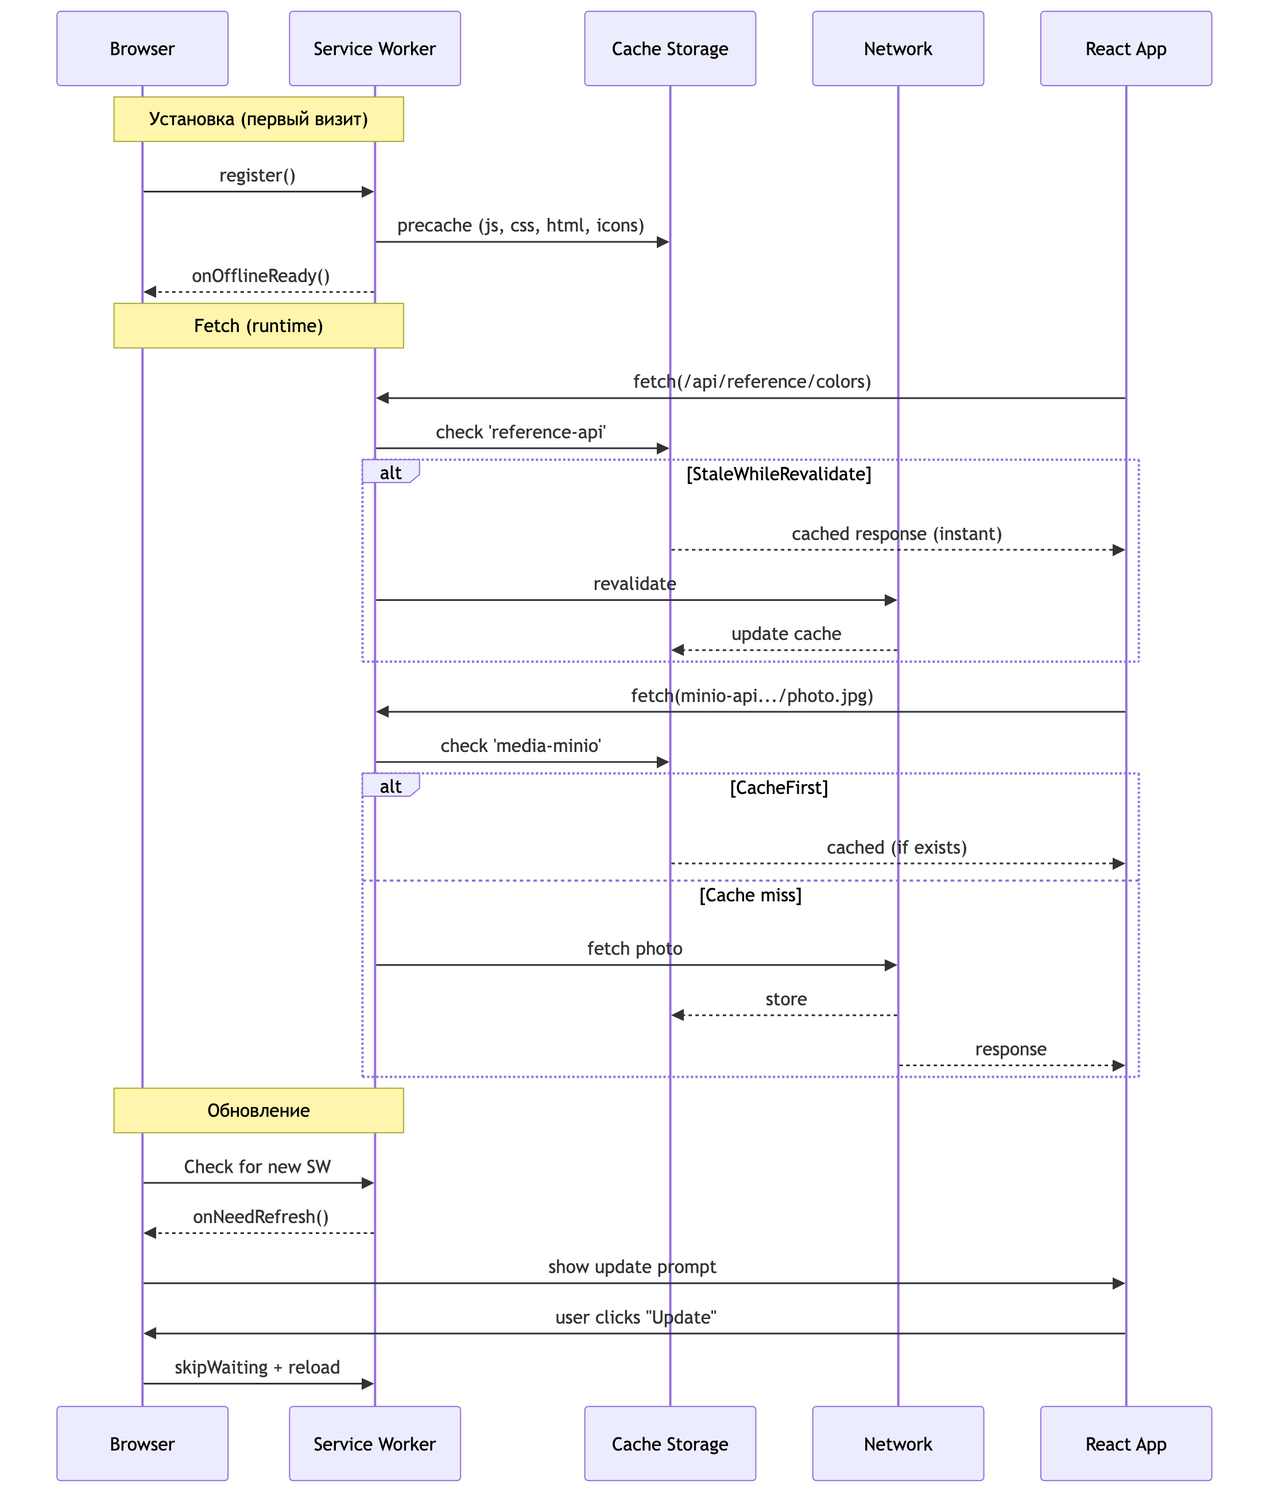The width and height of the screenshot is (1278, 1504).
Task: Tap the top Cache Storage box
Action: click(669, 49)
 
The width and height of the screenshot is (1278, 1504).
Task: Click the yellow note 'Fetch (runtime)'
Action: click(258, 325)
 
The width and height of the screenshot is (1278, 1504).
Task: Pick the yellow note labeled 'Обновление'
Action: click(258, 1110)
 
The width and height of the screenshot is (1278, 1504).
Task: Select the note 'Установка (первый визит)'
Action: click(258, 119)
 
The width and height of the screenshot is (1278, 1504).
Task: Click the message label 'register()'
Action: click(257, 175)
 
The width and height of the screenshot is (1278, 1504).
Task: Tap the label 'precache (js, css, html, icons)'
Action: click(520, 225)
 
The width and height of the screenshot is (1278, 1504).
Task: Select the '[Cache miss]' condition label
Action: click(750, 895)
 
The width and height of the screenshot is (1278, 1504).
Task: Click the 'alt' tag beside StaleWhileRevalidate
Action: click(390, 473)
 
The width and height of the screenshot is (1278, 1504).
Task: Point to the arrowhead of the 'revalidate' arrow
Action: click(891, 600)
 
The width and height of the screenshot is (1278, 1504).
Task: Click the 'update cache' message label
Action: click(786, 634)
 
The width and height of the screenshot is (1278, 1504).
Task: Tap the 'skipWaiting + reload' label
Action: click(257, 1367)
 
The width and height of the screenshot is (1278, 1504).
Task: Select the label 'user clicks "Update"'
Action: click(636, 1317)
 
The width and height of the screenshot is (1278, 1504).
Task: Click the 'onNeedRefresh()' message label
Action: click(261, 1216)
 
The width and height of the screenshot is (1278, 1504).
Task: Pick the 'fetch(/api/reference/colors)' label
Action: click(752, 381)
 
